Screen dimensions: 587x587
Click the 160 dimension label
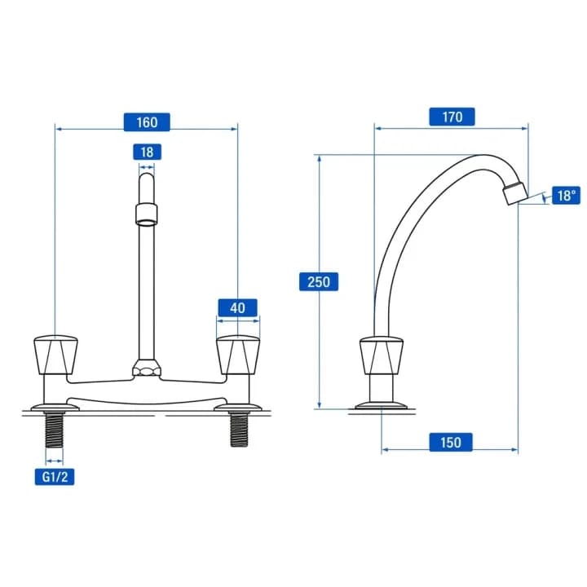(147, 122)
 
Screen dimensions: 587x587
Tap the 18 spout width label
(147, 152)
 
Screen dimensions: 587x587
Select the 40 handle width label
(237, 307)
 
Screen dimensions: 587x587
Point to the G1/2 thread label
(55, 477)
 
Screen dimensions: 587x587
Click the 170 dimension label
(452, 117)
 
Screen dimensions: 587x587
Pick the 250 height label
(319, 281)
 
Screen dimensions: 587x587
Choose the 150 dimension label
(451, 442)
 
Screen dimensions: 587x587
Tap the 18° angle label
(566, 196)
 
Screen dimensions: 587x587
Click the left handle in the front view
(55, 355)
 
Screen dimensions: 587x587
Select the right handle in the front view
(238, 355)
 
